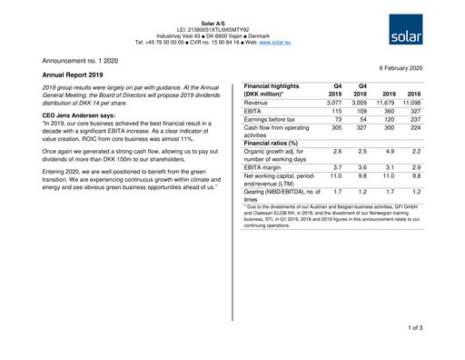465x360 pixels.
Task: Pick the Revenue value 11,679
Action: [384, 104]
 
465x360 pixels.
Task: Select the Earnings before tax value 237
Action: [415, 120]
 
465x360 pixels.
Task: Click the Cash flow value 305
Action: [335, 128]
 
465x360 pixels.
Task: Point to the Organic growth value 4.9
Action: [390, 151]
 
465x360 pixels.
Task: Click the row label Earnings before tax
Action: [276, 120]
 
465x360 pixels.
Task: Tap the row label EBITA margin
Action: [268, 167]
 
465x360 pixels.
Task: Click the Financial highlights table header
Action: [276, 89]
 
